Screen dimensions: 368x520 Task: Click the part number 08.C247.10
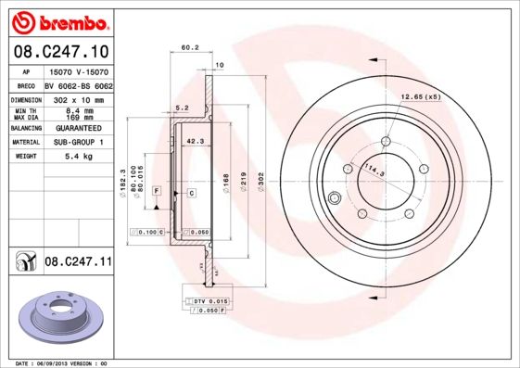(x=59, y=51)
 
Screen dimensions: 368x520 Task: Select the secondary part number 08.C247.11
(x=78, y=263)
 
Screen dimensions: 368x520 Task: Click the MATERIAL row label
(x=25, y=142)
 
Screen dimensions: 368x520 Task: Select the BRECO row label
(x=25, y=84)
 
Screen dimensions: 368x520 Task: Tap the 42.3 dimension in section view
(x=196, y=141)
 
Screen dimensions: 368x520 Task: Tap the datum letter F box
(x=158, y=190)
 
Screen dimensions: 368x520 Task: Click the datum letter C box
(x=190, y=192)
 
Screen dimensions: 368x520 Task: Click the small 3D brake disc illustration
(x=58, y=316)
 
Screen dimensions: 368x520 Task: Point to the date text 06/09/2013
(x=59, y=362)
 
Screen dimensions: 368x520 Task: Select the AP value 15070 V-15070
(x=78, y=71)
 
